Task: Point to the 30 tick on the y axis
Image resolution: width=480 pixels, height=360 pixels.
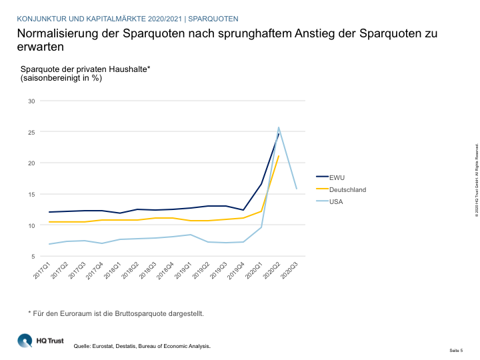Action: click(31, 101)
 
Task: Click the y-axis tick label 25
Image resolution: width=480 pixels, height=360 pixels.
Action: click(31, 132)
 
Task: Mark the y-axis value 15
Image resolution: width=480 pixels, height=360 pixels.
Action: click(31, 194)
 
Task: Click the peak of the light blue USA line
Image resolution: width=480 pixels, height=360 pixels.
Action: click(279, 127)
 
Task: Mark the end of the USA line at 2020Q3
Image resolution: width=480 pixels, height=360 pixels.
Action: click(296, 189)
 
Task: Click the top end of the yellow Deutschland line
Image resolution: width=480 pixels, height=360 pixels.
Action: click(279, 156)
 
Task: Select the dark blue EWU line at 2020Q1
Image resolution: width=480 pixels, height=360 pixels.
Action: click(261, 183)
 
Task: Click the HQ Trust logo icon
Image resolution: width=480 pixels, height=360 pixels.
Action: click(24, 340)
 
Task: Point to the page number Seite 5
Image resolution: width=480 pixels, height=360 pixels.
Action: click(456, 350)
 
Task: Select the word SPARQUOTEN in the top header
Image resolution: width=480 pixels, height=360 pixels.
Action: click(213, 18)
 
